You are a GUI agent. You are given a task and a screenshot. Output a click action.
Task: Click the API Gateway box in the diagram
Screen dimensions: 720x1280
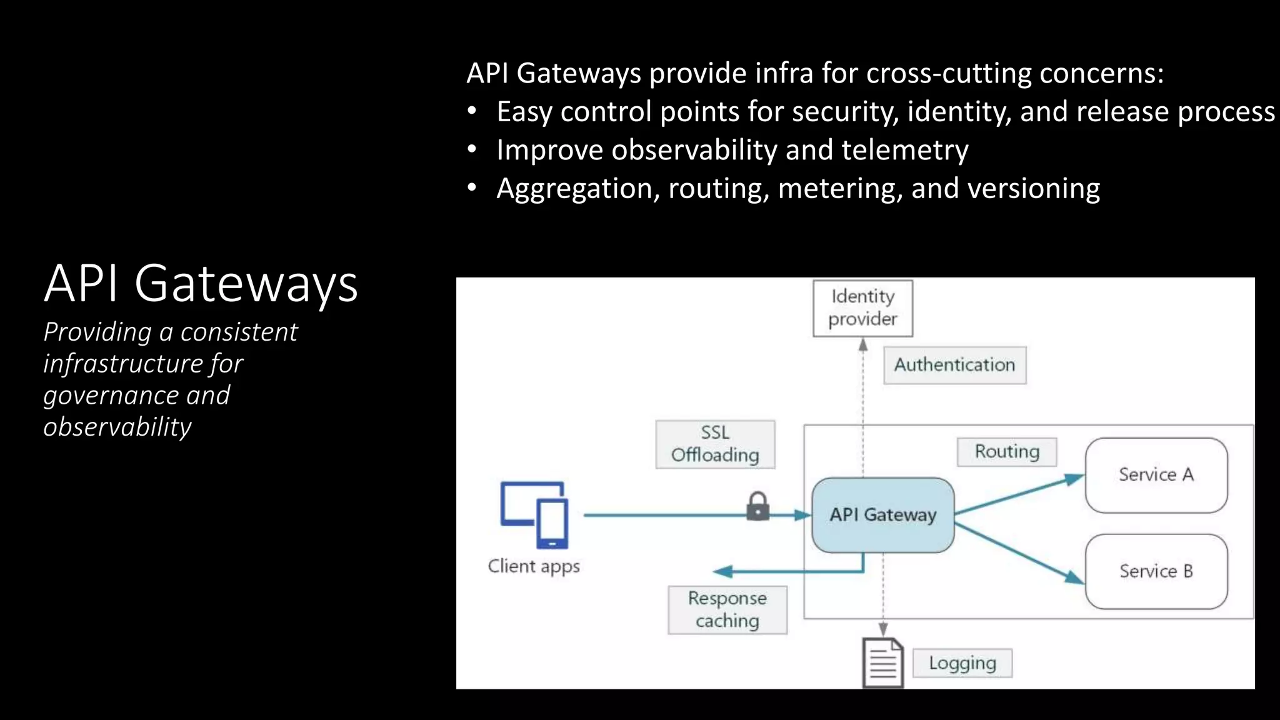coord(882,515)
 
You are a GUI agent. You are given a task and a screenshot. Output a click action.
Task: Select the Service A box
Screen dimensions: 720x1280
coord(1156,475)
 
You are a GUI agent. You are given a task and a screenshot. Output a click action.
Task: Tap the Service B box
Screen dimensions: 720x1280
coord(1156,571)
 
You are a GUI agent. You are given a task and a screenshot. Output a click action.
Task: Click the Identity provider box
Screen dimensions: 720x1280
coord(862,308)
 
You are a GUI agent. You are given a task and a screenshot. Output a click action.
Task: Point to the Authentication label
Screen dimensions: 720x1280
coord(954,365)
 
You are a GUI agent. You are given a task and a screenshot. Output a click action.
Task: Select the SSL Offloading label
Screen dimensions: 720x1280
coord(715,444)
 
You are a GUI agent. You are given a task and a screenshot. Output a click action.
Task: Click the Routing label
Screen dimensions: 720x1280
coord(1007,452)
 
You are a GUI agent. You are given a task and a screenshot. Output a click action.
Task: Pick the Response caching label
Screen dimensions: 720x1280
coord(727,609)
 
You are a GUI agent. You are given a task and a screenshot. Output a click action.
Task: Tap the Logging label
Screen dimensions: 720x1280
coord(962,663)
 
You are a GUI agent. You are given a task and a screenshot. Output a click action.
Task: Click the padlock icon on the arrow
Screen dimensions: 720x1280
coord(757,506)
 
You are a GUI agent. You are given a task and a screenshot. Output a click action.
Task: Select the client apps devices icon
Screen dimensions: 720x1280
coord(535,514)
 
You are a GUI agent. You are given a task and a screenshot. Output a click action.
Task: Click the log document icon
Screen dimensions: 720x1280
coord(882,662)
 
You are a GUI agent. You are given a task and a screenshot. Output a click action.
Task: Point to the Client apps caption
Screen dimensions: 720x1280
coord(534,566)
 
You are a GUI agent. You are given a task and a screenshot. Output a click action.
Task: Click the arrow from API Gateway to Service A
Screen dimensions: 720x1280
coord(1019,496)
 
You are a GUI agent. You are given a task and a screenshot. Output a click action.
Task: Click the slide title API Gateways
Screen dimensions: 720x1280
coord(201,284)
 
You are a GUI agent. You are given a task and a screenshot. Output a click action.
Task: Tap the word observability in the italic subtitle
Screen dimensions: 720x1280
coord(117,427)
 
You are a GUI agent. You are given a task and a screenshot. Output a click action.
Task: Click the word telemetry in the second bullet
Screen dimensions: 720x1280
coord(904,151)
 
